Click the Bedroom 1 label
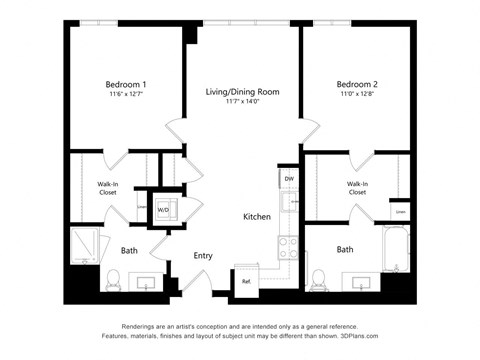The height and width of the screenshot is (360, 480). coord(127,84)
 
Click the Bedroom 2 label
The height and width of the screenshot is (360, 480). coord(356,84)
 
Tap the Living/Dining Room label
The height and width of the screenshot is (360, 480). coord(242,91)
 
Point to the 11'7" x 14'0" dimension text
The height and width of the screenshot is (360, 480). coord(242,101)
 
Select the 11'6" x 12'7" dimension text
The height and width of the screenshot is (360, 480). coord(127,94)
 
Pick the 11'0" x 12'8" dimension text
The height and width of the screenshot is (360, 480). coord(356,94)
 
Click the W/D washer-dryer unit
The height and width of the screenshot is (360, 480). coord(162,211)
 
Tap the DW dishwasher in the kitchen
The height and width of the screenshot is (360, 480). coord(288,179)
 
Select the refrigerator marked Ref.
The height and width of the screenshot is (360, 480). coord(245,281)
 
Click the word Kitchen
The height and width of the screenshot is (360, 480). coord(257,217)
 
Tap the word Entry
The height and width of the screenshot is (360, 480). coord(203,256)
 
